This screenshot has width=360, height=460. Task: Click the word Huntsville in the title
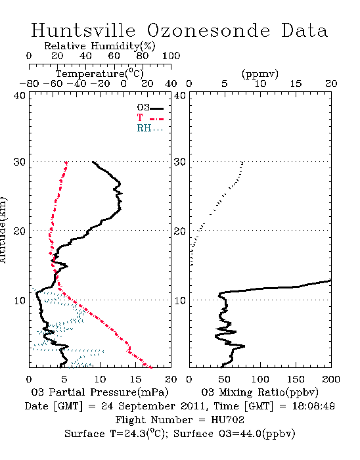[x=83, y=30]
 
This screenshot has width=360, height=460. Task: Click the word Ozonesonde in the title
[x=208, y=30]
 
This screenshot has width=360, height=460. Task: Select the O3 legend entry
[x=150, y=108]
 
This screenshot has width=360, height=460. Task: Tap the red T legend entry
[x=150, y=118]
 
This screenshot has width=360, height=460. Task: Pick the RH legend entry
[x=150, y=128]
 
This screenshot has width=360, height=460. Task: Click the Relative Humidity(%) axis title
[x=100, y=46]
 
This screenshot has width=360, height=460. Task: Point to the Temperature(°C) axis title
[x=100, y=74]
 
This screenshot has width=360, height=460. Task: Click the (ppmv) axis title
[x=260, y=74]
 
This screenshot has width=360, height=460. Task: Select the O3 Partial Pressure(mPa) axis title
[x=100, y=392]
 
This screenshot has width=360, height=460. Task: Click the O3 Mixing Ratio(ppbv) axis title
[x=259, y=392]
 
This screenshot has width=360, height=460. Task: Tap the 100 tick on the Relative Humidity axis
[x=171, y=56]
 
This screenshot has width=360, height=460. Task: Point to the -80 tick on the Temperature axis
[x=29, y=83]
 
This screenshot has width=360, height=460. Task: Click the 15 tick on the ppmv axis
[x=296, y=83]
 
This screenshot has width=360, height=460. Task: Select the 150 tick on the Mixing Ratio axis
[x=296, y=379]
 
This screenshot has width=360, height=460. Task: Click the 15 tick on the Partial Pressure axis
[x=135, y=379]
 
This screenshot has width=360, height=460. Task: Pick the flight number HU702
[x=227, y=420]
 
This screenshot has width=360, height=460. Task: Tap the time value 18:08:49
[x=313, y=406]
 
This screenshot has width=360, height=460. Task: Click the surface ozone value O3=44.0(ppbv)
[x=257, y=433]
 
